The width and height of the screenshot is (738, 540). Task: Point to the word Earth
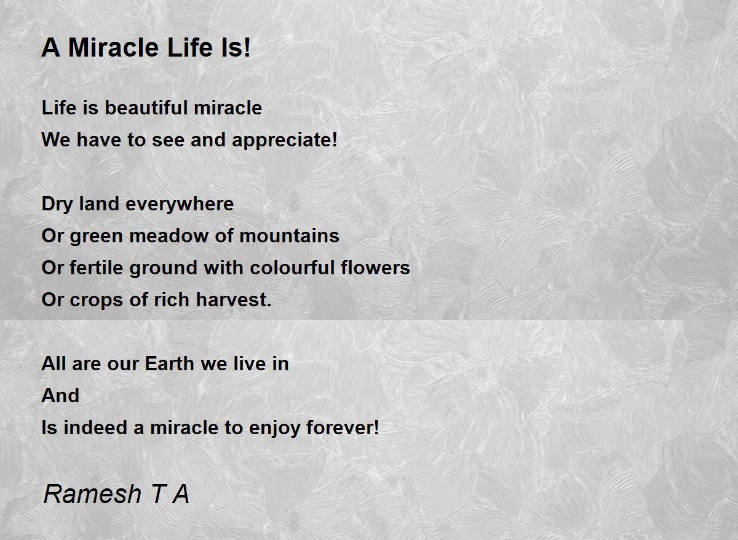pyautogui.click(x=170, y=364)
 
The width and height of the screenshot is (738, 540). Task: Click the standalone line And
pyautogui.click(x=60, y=396)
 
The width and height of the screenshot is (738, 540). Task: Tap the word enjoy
pyautogui.click(x=274, y=429)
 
